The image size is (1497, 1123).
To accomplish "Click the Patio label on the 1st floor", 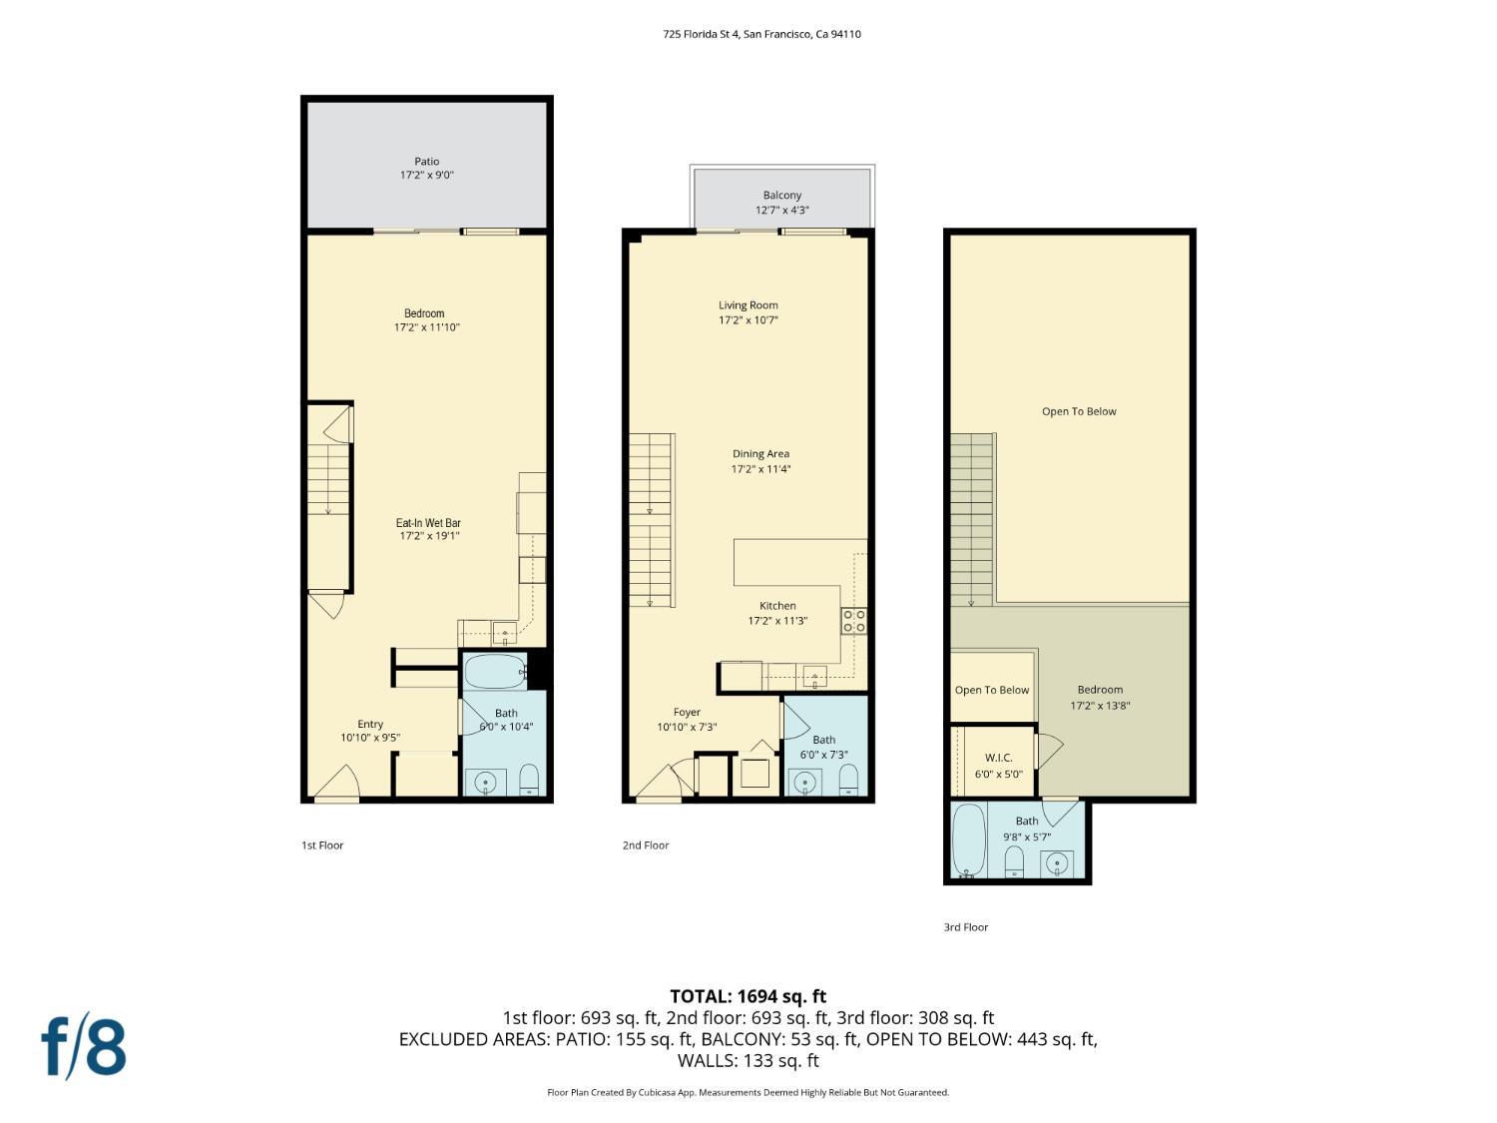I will pyautogui.click(x=426, y=162).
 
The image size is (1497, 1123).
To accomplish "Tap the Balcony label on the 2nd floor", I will pyautogui.click(x=781, y=196).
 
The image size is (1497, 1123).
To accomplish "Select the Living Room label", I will pyautogui.click(x=748, y=305).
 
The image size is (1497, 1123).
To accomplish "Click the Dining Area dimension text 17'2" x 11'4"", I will pyautogui.click(x=760, y=469).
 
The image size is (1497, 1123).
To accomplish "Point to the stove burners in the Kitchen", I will pyautogui.click(x=853, y=621).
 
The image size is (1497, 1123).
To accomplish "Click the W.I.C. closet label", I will pyautogui.click(x=998, y=758).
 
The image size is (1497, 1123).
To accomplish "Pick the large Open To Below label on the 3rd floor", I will pyautogui.click(x=1079, y=411).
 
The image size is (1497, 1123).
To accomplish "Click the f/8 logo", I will pyautogui.click(x=84, y=1046).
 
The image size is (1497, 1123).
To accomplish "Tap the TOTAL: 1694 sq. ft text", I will pyautogui.click(x=748, y=996).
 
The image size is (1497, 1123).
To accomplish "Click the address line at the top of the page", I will pyautogui.click(x=761, y=34).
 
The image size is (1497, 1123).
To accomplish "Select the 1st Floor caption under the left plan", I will pyautogui.click(x=322, y=845).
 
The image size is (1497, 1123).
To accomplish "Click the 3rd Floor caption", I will pyautogui.click(x=965, y=927).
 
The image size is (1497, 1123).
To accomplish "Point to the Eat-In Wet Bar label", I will pyautogui.click(x=428, y=523).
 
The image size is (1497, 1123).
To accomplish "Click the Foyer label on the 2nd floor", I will pyautogui.click(x=687, y=713).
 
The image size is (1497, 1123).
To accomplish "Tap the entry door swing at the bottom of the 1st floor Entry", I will pyautogui.click(x=337, y=784).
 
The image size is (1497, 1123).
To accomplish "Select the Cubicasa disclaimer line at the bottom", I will pyautogui.click(x=748, y=1092).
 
